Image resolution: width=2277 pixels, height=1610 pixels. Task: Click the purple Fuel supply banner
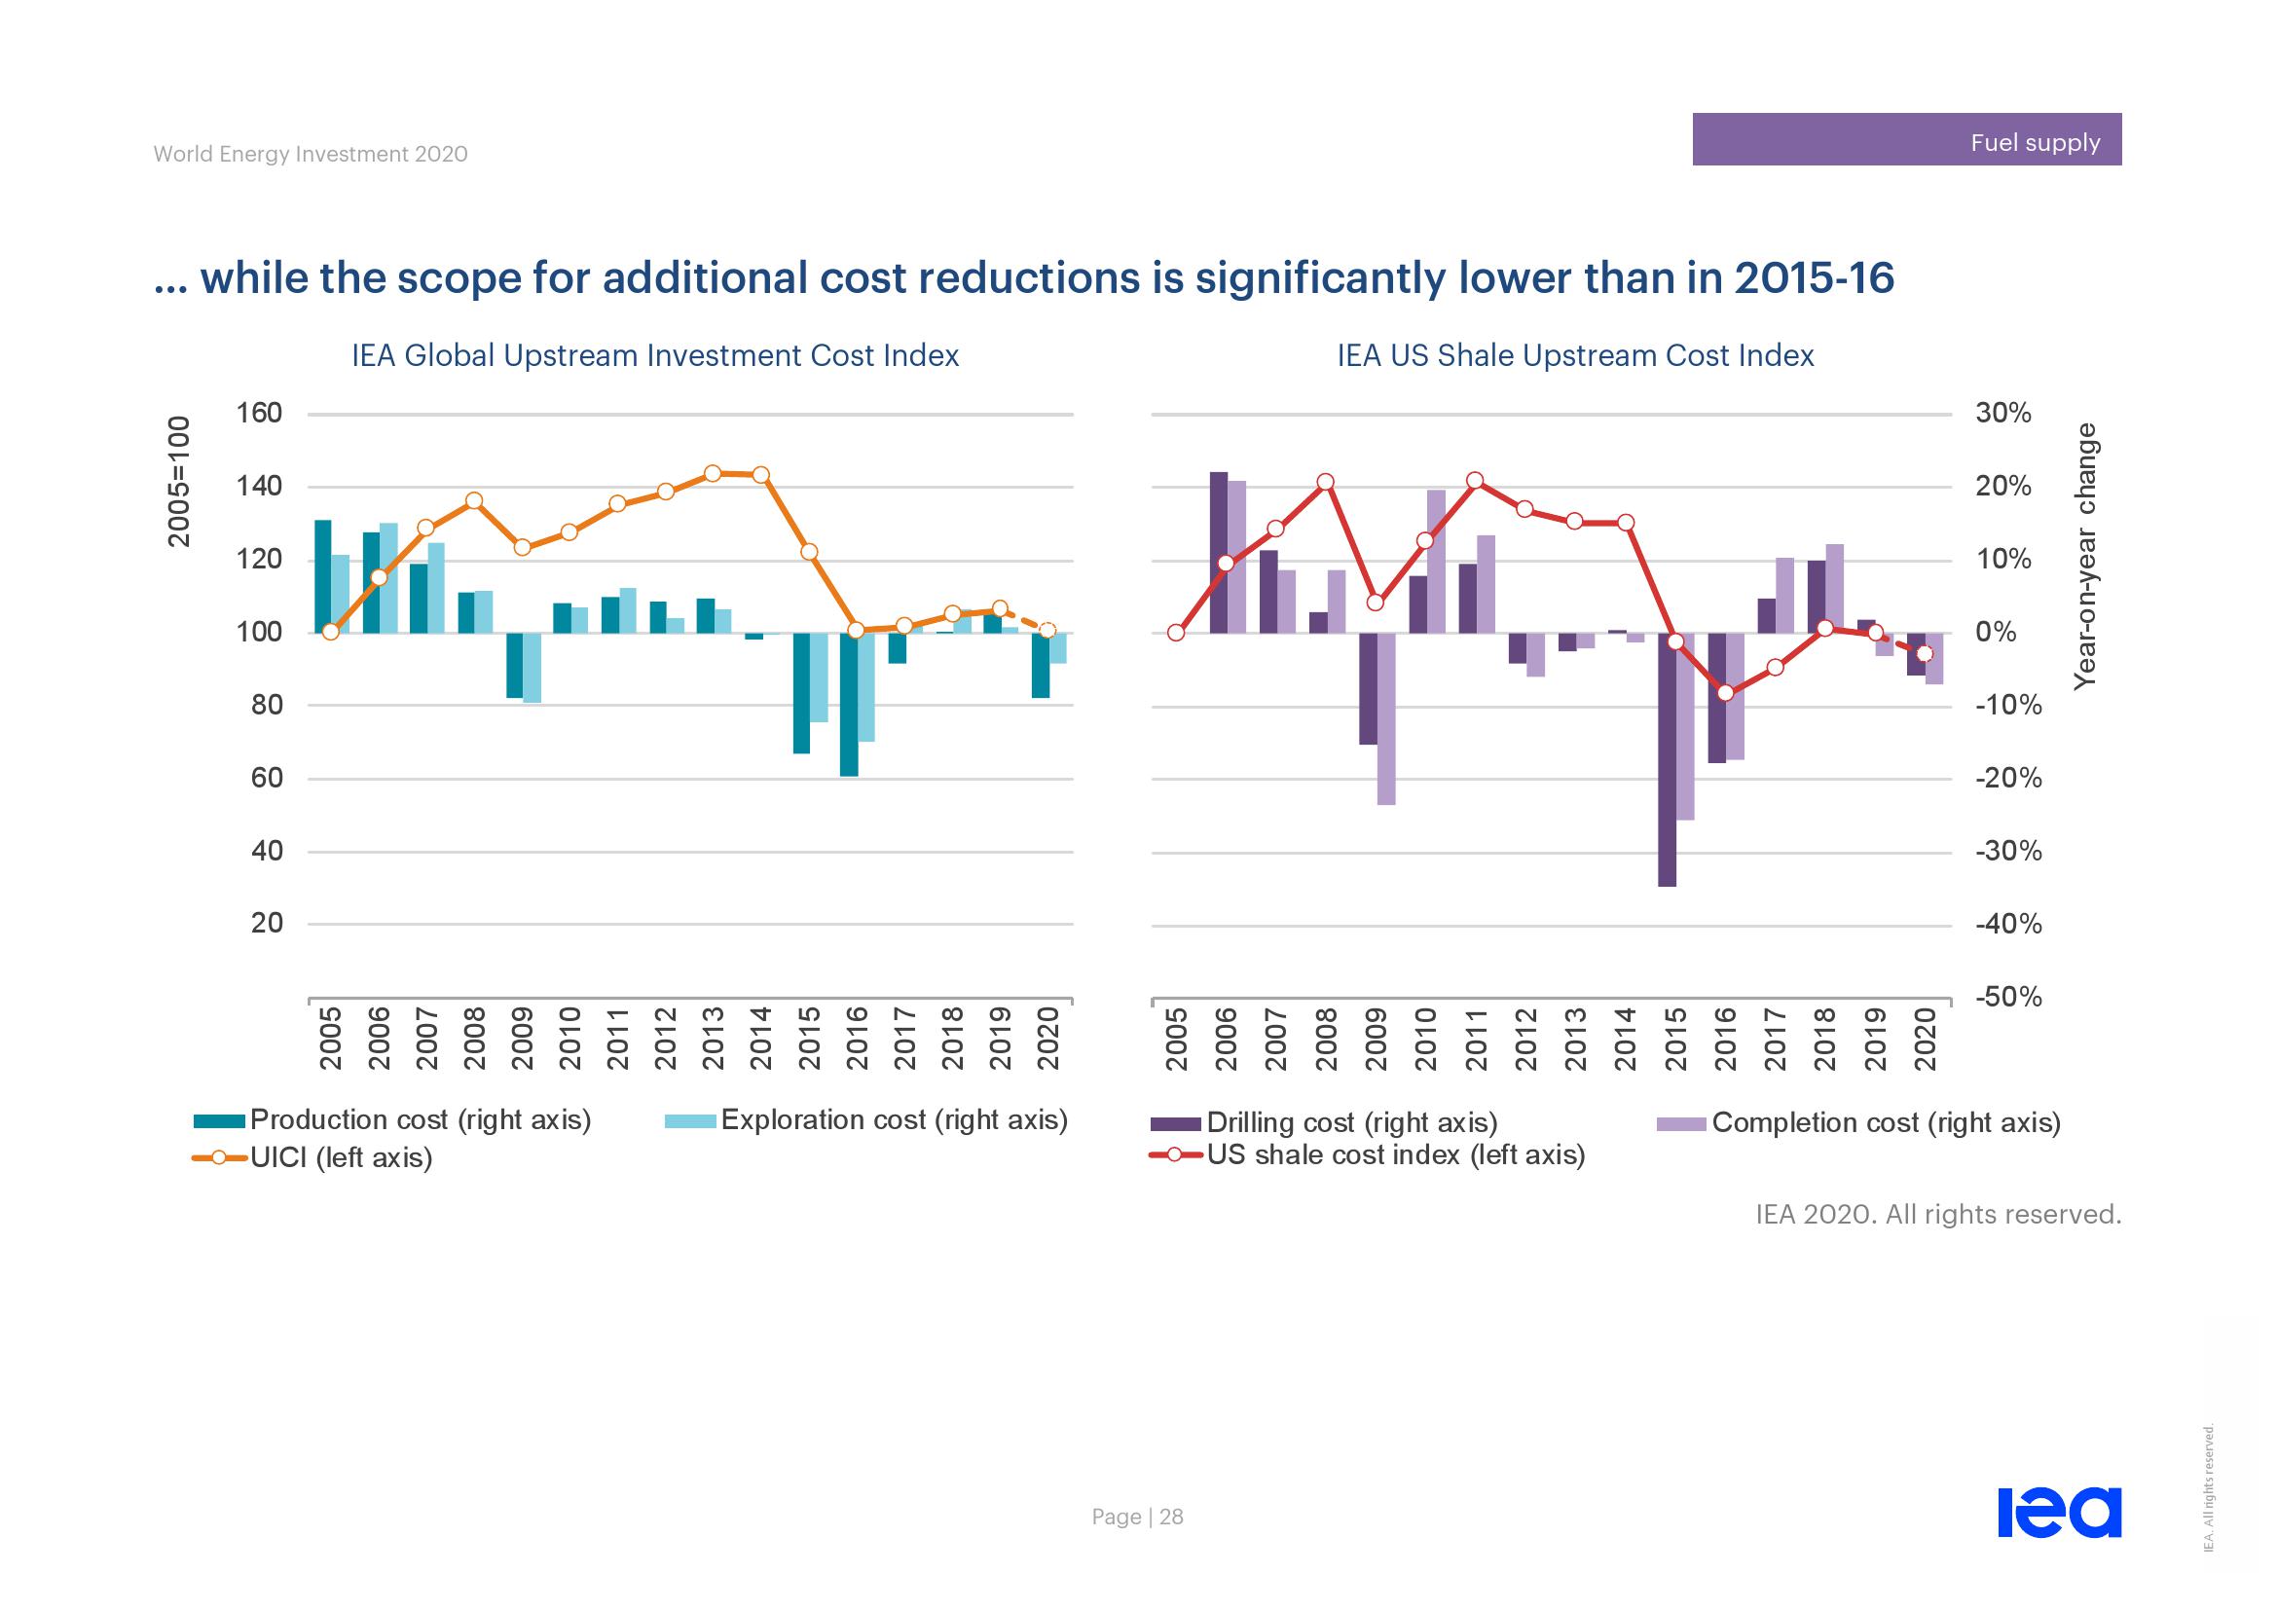tap(1906, 140)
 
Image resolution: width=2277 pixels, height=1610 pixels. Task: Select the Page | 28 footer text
tap(1136, 1517)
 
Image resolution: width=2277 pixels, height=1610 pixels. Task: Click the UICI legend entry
tap(312, 1158)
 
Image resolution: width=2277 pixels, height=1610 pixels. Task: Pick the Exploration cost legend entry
tap(865, 1120)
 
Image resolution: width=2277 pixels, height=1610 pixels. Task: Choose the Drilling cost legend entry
tap(1324, 1123)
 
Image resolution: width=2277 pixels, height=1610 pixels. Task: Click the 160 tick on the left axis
tap(259, 414)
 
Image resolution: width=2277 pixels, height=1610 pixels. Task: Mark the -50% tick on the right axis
tap(2008, 998)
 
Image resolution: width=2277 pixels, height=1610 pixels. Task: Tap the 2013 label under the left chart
tap(713, 1038)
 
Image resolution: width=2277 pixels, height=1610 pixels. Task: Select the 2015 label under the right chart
tap(1676, 1038)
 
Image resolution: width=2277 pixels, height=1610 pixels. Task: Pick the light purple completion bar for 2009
tap(1386, 718)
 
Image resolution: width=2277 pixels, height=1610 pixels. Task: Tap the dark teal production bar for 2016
tap(849, 704)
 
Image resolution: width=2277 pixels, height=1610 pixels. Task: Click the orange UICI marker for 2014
tap(760, 475)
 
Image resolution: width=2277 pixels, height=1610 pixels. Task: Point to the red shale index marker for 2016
tap(1726, 693)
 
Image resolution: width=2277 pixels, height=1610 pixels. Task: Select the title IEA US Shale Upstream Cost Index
tap(1575, 356)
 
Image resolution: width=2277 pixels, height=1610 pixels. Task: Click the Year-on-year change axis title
tap(2086, 555)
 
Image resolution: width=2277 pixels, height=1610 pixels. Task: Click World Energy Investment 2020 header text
tap(311, 155)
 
